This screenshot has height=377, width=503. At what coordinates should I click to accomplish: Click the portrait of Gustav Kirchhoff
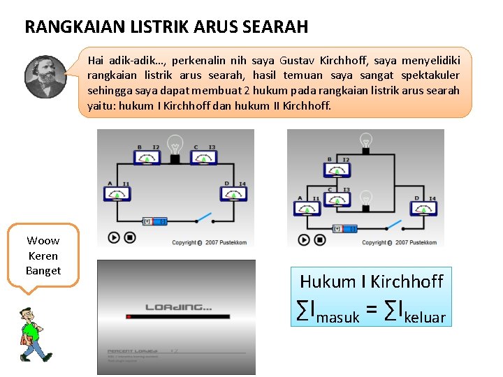coord(45,77)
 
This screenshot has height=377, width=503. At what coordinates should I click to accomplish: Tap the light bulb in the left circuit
coord(175,146)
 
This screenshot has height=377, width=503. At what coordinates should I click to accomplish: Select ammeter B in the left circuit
coord(147,158)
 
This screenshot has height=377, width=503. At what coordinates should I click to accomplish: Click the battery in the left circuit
coord(156,221)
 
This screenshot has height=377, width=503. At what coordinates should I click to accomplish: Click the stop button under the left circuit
coord(130,237)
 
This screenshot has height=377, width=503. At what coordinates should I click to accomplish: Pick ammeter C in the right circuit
coord(337,199)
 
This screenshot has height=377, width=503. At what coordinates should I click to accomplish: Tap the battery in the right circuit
coord(346,228)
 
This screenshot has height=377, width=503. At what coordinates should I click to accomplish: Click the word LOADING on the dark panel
coord(179,306)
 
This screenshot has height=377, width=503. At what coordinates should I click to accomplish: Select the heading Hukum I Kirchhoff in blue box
coord(371,281)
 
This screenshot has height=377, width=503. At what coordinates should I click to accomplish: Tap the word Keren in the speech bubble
coord(43,256)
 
